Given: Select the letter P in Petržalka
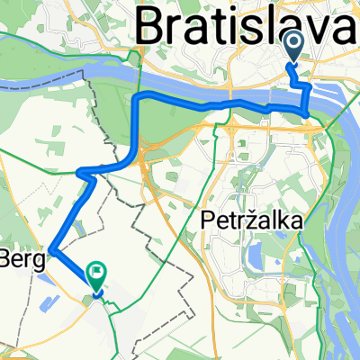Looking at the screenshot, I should pos(202,220).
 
